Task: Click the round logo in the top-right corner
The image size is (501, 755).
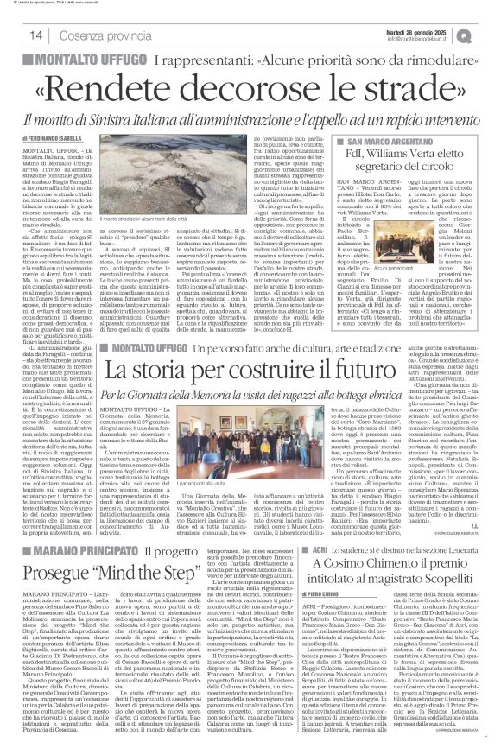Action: [x=490, y=34]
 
